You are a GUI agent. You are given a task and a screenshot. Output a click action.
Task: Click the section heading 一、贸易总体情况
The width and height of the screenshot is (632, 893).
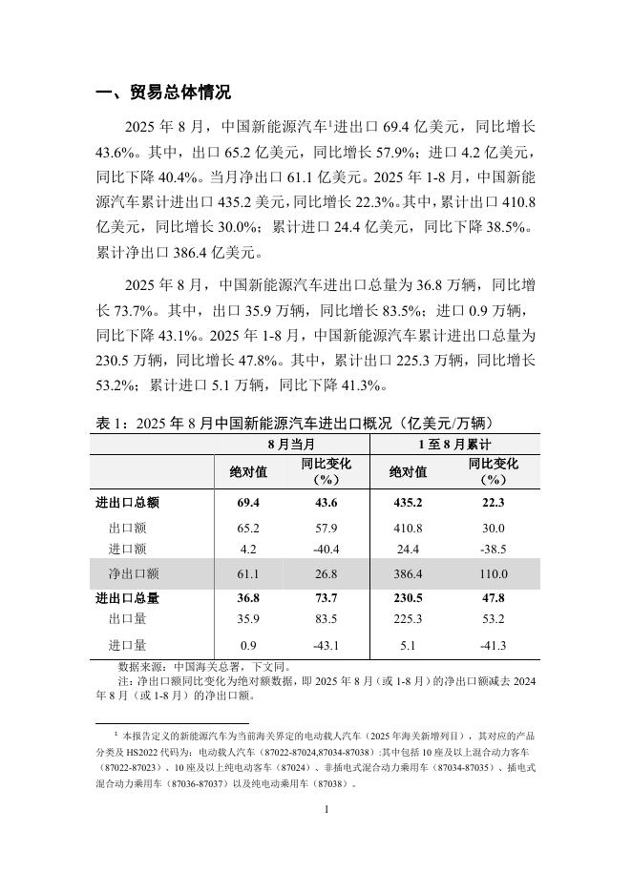tap(163, 93)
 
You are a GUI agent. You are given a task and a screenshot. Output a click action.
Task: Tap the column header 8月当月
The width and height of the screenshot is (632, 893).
tap(291, 445)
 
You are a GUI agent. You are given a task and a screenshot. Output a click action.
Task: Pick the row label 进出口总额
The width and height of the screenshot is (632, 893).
tap(127, 503)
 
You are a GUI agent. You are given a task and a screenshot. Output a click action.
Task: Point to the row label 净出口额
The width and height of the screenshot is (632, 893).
tap(134, 573)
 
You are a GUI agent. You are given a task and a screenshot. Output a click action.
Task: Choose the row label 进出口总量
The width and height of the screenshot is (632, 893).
tap(127, 598)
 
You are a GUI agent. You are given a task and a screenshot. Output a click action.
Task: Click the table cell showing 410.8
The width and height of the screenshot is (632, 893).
tap(408, 528)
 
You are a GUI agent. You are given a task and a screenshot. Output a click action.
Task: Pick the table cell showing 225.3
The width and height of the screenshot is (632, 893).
tap(408, 619)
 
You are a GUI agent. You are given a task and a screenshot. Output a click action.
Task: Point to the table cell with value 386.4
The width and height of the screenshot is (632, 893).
tap(408, 573)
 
